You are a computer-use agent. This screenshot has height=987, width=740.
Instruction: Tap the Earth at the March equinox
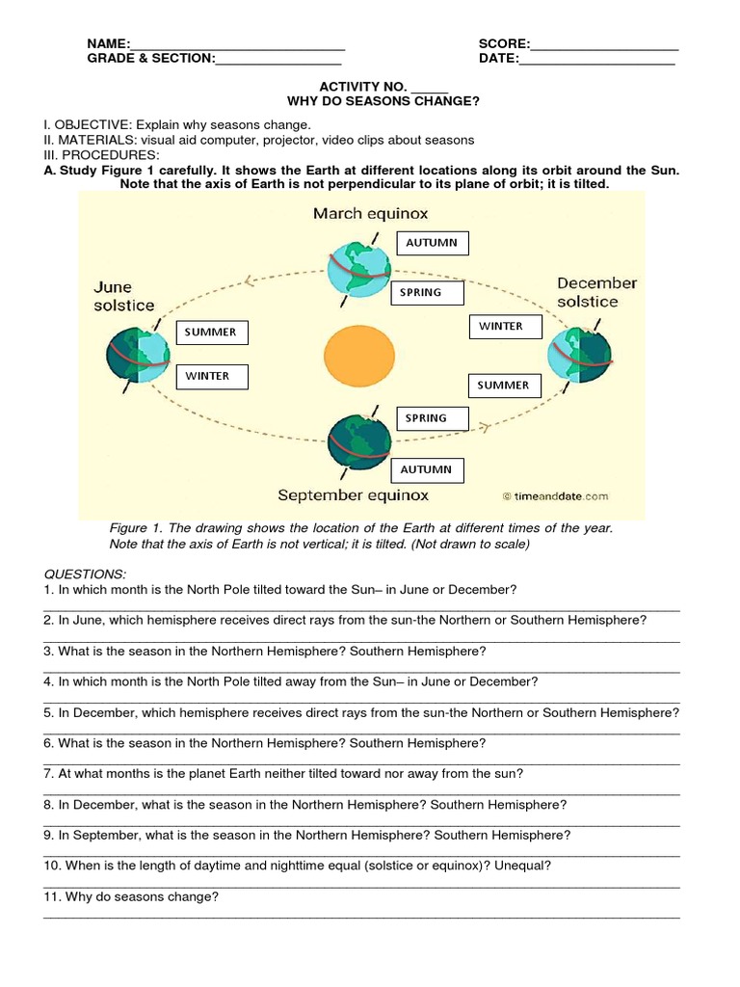tap(358, 268)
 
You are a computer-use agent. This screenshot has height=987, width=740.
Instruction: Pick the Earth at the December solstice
tap(579, 354)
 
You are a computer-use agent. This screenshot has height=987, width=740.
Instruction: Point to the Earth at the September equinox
tap(360, 442)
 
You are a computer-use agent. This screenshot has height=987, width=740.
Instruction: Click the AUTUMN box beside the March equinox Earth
tap(432, 243)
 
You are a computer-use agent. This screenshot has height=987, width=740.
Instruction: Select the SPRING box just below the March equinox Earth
tap(428, 293)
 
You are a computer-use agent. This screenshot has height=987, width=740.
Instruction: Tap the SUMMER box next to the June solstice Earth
tap(211, 333)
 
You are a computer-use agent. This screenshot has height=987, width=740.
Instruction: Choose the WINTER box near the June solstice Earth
tap(211, 376)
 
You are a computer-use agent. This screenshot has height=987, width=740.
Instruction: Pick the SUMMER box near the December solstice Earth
tap(504, 386)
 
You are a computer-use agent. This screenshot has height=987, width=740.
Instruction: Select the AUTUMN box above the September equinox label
tap(427, 470)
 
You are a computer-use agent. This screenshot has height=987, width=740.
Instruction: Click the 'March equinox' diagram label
tap(370, 213)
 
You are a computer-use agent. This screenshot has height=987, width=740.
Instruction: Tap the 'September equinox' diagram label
tap(353, 495)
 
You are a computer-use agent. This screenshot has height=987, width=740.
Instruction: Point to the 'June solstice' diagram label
tap(123, 296)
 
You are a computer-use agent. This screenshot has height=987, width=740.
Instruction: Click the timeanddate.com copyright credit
tap(555, 497)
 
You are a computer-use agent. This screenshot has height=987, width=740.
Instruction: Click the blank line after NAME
tap(237, 43)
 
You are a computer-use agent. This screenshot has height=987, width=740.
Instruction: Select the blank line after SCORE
tap(604, 43)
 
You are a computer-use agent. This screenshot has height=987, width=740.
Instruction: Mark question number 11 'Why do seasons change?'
tap(132, 896)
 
